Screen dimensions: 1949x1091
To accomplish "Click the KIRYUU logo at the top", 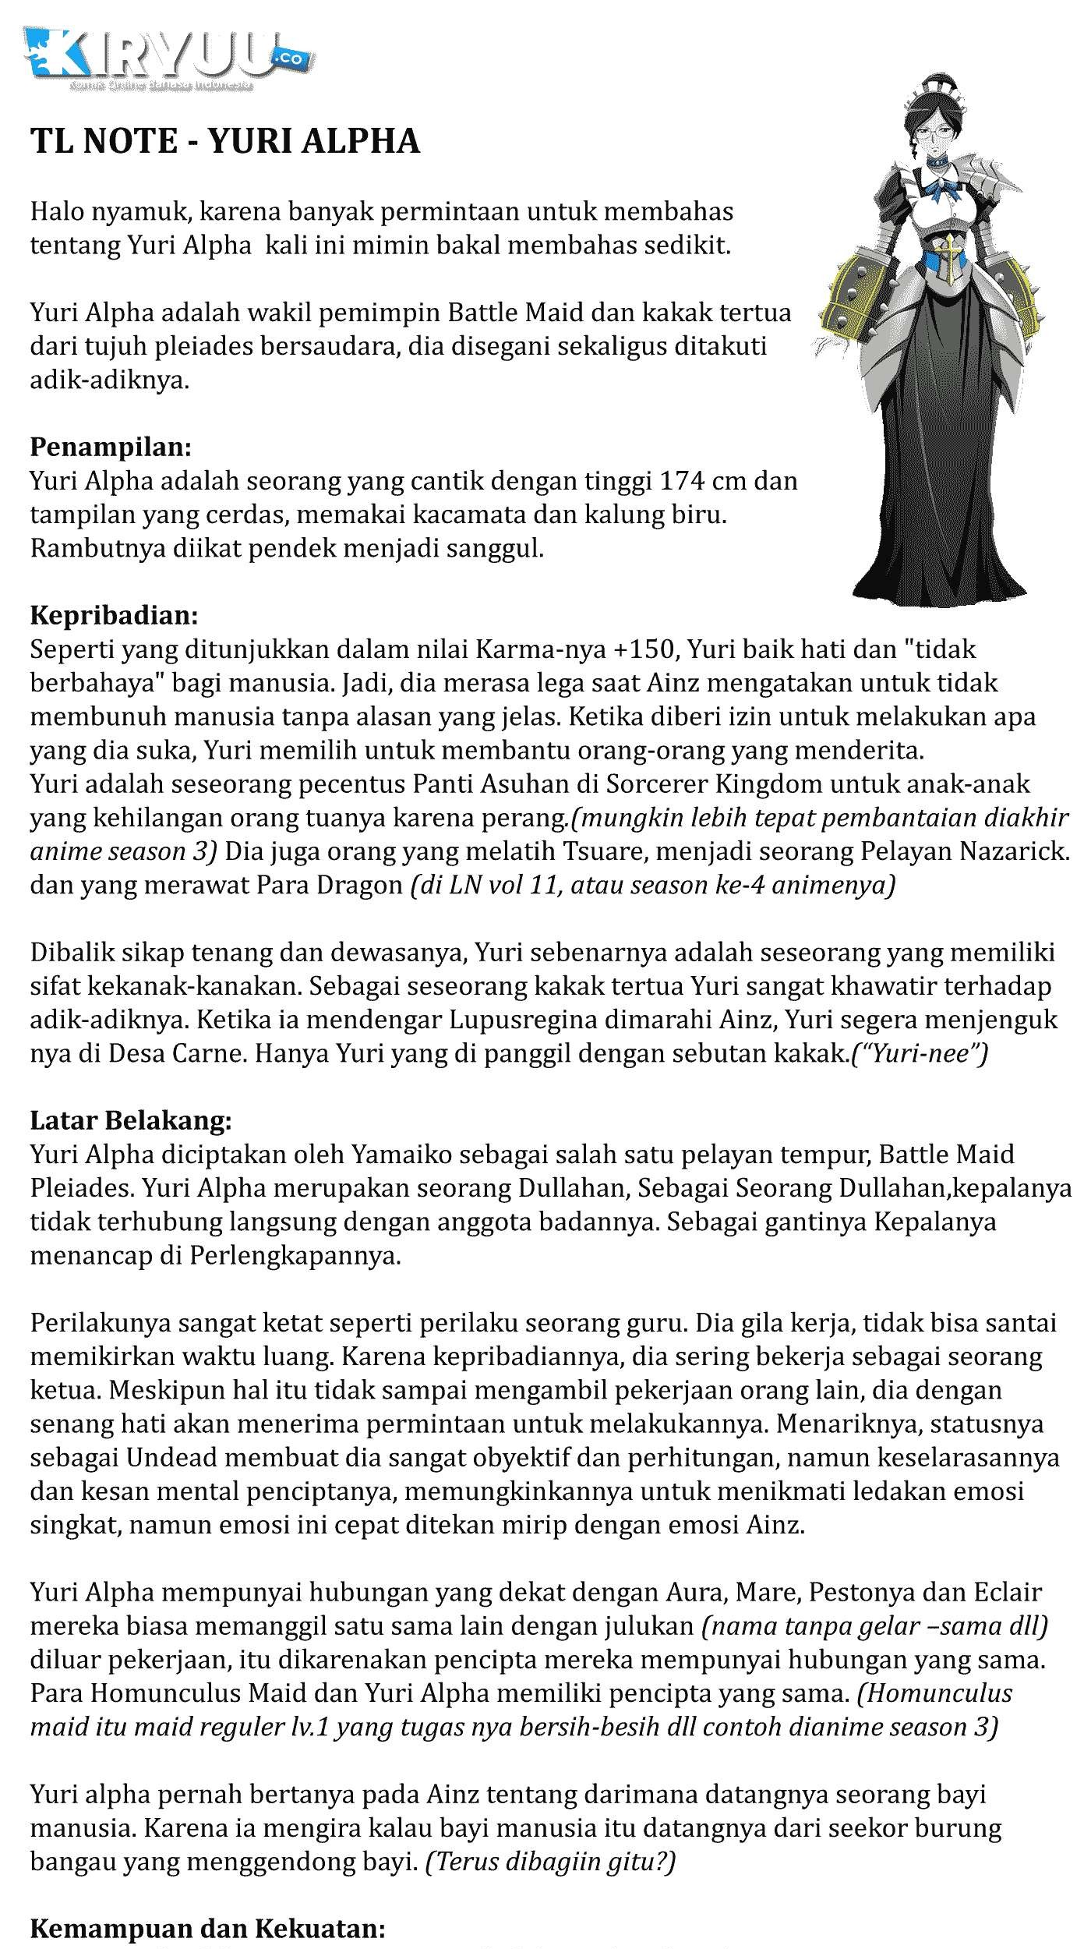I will [168, 58].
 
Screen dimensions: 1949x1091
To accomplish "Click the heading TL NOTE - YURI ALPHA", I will [225, 141].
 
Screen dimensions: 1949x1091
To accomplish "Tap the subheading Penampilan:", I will [111, 447].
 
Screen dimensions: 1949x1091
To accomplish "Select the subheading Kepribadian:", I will [115, 615].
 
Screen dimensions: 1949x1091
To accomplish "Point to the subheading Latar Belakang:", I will [131, 1120].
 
